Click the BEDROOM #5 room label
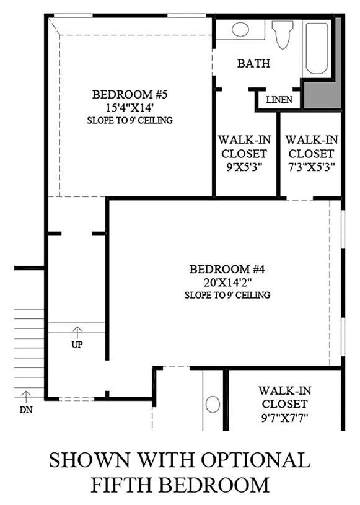130,94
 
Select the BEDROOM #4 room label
227,269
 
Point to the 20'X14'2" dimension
227,282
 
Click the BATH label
254,63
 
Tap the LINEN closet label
279,100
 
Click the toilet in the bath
283,35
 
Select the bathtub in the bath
317,48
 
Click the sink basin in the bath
240,29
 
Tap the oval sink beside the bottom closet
213,404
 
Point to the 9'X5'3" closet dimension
244,167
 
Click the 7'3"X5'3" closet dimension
312,167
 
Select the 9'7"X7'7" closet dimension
285,418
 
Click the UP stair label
77,345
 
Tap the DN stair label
26,410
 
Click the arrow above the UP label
77,332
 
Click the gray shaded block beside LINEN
323,94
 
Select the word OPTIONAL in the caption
256,460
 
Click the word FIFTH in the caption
121,485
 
